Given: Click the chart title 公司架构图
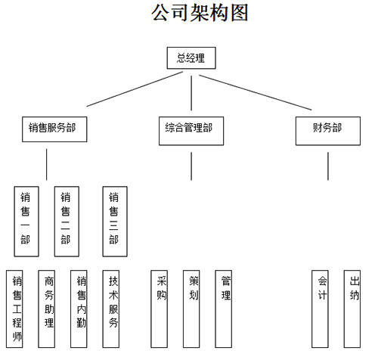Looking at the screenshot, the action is tap(200, 13).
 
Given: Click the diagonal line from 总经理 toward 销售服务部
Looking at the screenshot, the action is tap(135, 89).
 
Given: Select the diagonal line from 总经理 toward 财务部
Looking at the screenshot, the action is tap(256, 92).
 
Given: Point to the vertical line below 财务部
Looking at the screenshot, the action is tap(328, 166).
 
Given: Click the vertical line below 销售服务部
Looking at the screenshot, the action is tap(46, 165).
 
